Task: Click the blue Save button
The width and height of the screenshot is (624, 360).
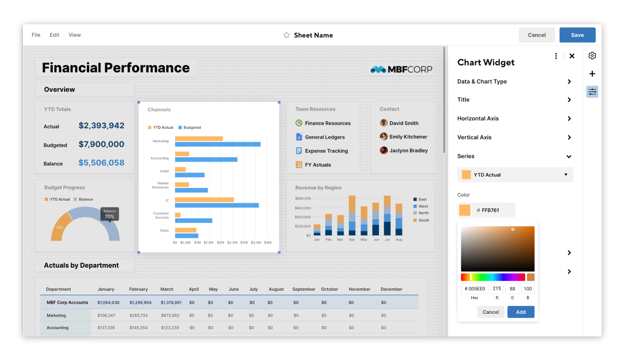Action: click(x=577, y=35)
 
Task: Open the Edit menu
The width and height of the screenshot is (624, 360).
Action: click(x=55, y=35)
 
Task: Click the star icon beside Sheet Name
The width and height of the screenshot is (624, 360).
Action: click(x=287, y=35)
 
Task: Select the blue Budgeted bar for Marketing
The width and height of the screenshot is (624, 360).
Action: click(x=217, y=144)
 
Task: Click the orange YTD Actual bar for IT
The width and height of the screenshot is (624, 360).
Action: click(x=204, y=200)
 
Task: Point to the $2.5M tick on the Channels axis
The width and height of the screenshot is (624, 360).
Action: click(x=232, y=243)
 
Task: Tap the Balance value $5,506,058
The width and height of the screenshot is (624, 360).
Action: click(x=101, y=163)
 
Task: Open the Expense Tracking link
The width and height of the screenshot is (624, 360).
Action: click(x=326, y=151)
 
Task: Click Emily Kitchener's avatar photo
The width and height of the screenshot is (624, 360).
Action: click(x=384, y=137)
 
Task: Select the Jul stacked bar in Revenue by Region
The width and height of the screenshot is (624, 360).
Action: click(x=387, y=215)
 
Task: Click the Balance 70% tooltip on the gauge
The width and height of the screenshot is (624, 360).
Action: click(x=109, y=214)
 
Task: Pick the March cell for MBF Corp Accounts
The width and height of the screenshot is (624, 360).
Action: click(x=171, y=303)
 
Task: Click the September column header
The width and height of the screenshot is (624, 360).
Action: click(x=304, y=289)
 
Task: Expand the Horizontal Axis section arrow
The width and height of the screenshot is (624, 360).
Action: click(x=569, y=119)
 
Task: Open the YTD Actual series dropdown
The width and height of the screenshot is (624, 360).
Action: click(x=515, y=175)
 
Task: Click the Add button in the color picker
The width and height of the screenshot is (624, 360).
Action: click(x=521, y=312)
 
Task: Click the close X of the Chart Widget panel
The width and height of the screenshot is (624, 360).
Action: click(x=572, y=56)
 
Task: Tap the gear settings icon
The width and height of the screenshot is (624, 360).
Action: click(x=592, y=56)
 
